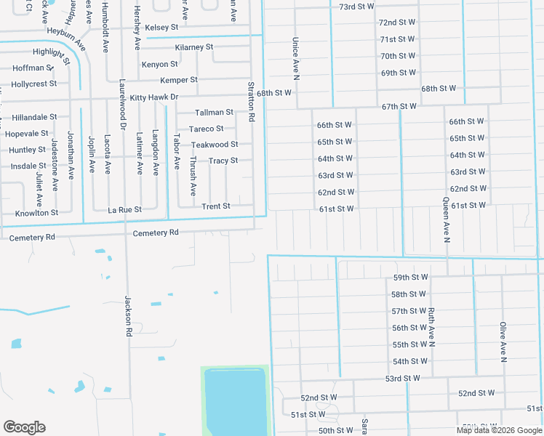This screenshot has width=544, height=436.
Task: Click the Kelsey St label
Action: coord(161,28)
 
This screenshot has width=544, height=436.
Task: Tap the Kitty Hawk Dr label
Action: coord(153,97)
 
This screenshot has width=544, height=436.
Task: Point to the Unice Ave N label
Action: coord(296,58)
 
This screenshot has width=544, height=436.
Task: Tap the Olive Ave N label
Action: coord(502,342)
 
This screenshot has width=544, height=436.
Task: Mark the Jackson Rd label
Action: coord(128,310)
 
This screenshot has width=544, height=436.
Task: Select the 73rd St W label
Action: coord(356,6)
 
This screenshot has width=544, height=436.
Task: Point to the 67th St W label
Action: coord(399,106)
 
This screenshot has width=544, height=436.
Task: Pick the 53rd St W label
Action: coord(403,379)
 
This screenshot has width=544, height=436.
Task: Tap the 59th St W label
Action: coord(409,278)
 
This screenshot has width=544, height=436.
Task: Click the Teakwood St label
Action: coord(215,145)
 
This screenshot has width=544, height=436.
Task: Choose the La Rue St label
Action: coord(124,209)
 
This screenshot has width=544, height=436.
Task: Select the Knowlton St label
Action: coord(36,214)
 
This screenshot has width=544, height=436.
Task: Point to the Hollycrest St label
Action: coord(34,84)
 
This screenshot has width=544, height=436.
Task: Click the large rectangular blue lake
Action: coord(235,402)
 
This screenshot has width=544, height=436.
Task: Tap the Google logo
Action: coord(24,427)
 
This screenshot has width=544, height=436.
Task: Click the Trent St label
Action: coord(216,206)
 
